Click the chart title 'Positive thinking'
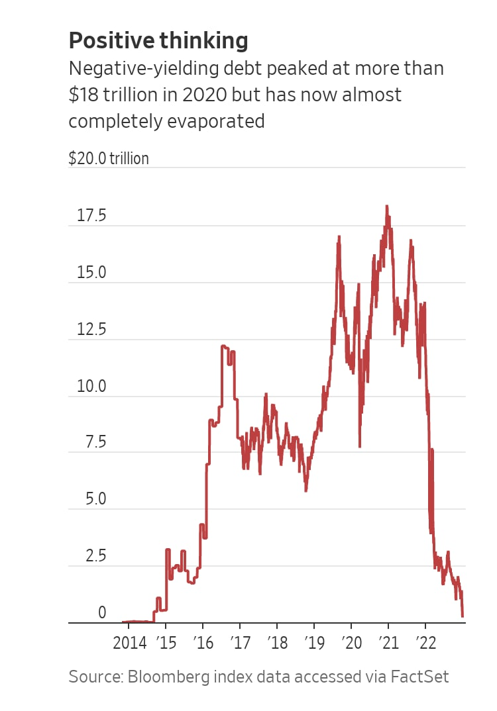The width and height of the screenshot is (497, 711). pyautogui.click(x=158, y=41)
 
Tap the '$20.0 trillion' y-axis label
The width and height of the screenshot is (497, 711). pyautogui.click(x=109, y=159)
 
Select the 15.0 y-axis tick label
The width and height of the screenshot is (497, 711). pyautogui.click(x=91, y=273)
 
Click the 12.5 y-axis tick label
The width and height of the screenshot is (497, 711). pyautogui.click(x=91, y=330)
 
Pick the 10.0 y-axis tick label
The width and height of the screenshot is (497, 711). pyautogui.click(x=91, y=386)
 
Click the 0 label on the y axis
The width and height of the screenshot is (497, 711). pyautogui.click(x=101, y=613)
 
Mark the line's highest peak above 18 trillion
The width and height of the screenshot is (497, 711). pyautogui.click(x=387, y=207)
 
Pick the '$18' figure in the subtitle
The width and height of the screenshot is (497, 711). pyautogui.click(x=83, y=95)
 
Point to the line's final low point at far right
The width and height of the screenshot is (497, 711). pyautogui.click(x=463, y=616)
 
